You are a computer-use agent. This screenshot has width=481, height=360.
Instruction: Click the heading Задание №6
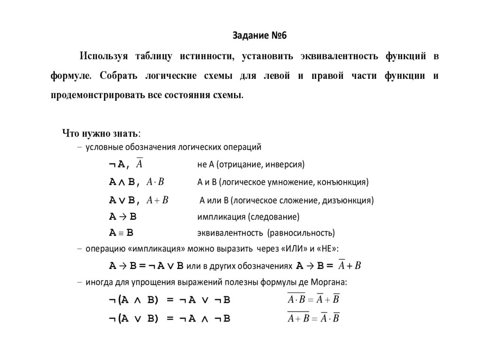[259, 36]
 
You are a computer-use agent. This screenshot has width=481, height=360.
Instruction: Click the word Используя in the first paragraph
[104, 57]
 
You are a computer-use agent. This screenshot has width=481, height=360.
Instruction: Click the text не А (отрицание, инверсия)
[251, 165]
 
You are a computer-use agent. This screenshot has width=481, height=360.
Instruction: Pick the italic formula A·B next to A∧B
[155, 182]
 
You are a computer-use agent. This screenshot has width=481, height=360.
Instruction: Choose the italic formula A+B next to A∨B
[157, 200]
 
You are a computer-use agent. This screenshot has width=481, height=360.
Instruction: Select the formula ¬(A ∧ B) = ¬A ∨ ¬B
[170, 300]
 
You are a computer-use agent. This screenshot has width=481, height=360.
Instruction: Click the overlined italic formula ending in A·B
[313, 318]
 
